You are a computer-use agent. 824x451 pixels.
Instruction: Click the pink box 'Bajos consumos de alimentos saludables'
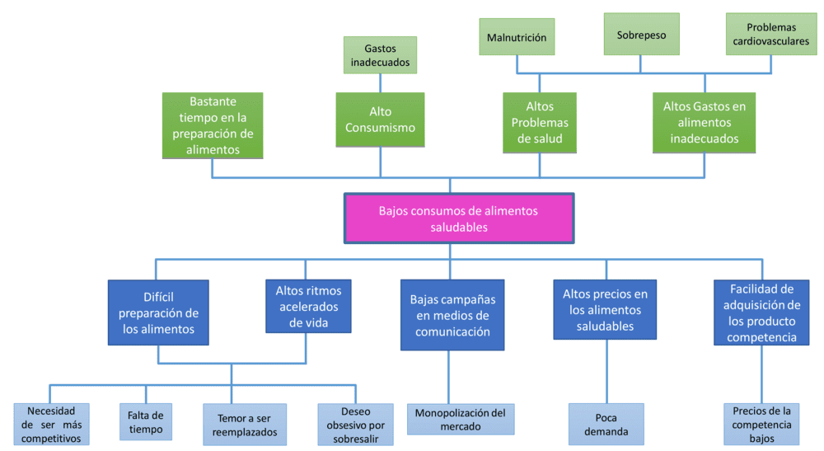point(458,218)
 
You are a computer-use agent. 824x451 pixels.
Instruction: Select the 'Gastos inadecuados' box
point(380,54)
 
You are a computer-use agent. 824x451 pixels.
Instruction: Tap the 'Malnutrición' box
point(517,37)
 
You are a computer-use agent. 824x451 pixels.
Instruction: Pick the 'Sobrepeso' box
point(641,35)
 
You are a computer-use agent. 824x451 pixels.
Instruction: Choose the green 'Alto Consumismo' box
point(380,120)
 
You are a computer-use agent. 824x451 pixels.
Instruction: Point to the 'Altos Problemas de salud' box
point(540,122)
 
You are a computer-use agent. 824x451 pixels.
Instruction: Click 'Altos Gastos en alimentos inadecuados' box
point(704,122)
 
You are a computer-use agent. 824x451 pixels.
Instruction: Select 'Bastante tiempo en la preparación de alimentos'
point(213,125)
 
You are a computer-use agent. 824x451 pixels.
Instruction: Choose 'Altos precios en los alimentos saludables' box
point(605,309)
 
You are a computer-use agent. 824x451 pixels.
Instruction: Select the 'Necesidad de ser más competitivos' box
point(51,425)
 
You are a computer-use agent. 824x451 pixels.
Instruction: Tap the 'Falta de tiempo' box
point(145,422)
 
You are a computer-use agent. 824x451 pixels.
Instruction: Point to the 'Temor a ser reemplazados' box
point(245,425)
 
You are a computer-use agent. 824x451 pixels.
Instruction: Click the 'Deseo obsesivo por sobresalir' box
point(355,425)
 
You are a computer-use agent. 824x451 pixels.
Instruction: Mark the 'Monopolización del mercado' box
point(461,420)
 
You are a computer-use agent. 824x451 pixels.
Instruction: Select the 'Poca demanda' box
point(606,425)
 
